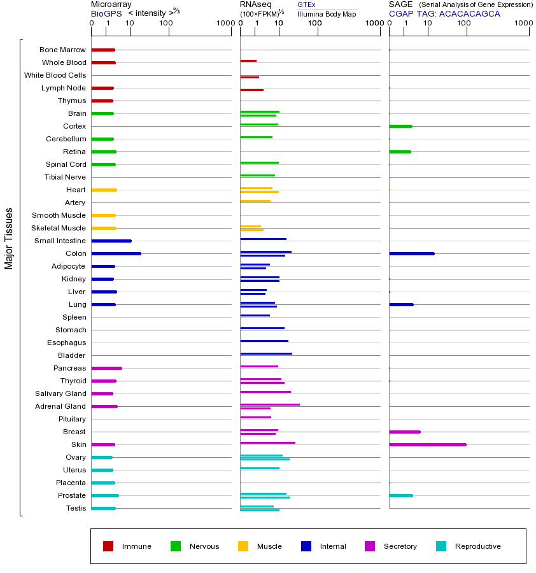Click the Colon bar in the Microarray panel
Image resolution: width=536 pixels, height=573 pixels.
pos(116,253)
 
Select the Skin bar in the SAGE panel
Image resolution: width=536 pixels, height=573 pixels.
pos(427,444)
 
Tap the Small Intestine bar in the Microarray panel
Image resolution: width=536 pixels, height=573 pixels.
pos(111,241)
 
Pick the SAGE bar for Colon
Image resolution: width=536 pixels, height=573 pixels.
pos(411,253)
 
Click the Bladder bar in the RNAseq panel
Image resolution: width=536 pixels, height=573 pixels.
pos(266,353)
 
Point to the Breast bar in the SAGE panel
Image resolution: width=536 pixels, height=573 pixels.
pos(404,432)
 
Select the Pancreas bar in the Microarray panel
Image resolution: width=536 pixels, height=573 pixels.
pos(106,368)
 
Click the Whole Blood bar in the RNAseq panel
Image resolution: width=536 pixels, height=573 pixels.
pos(248,60)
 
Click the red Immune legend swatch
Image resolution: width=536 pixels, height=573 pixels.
pos(108,546)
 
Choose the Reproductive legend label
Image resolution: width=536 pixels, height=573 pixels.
pos(477,546)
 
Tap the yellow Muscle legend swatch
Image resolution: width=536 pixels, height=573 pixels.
pos(243,546)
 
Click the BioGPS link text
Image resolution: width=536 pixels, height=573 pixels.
pos(106,13)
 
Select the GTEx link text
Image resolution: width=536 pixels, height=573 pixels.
pos(306,4)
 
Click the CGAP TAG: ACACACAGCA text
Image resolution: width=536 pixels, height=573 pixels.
pos(444,13)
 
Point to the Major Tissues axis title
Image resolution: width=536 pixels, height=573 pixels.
pos(9,238)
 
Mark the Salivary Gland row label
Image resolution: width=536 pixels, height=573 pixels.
pos(60,393)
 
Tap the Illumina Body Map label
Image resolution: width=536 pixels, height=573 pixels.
pos(327,14)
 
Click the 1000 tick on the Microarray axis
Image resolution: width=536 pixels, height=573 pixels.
pos(224,24)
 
